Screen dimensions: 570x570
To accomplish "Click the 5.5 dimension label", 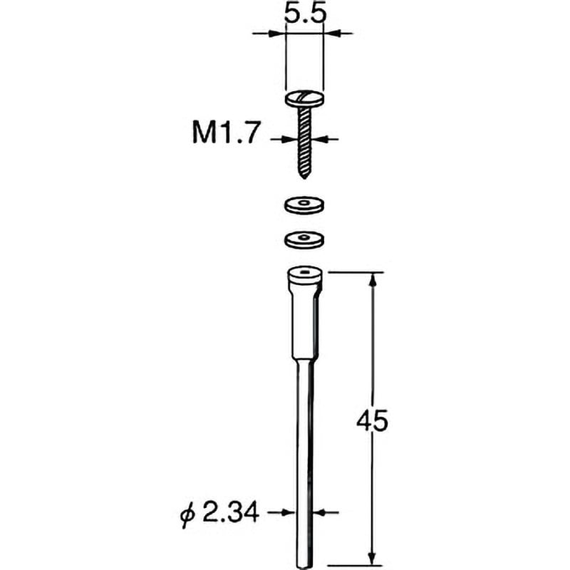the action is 305,13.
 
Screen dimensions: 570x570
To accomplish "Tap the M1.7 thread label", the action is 226,133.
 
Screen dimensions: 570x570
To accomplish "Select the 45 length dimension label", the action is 372,422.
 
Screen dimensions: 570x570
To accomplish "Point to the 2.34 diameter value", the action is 230,512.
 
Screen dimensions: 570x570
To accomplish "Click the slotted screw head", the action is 305,99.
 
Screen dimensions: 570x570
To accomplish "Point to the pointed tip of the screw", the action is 305,176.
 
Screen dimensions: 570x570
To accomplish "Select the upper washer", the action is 304,205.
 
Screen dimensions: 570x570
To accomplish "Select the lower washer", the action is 304,239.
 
